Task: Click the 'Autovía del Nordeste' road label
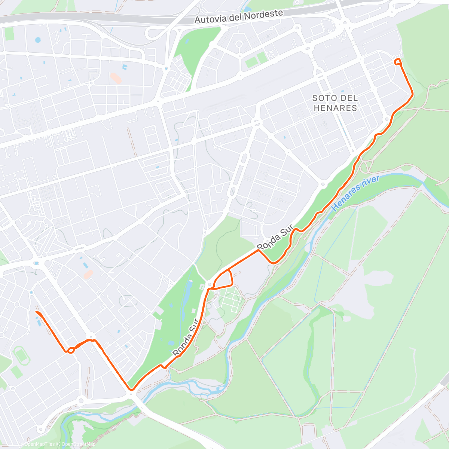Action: pyautogui.click(x=239, y=17)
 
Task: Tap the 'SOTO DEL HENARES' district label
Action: pyautogui.click(x=335, y=103)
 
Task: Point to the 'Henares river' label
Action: pyautogui.click(x=356, y=193)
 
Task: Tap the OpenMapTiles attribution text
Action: pyautogui.click(x=39, y=444)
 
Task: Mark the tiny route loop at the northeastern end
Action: pyautogui.click(x=398, y=62)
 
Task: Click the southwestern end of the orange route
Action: pyautogui.click(x=37, y=312)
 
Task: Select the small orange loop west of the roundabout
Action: pyautogui.click(x=70, y=350)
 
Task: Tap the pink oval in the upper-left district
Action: pyautogui.click(x=116, y=78)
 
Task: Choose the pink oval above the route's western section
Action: pyautogui.click(x=88, y=275)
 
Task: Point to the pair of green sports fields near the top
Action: pyautogui.click(x=256, y=60)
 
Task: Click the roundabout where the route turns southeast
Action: pyautogui.click(x=91, y=336)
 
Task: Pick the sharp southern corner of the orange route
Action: pyautogui.click(x=130, y=389)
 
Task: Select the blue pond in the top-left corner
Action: pyautogui.click(x=37, y=40)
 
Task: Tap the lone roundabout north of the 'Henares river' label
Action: pyautogui.click(x=323, y=184)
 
